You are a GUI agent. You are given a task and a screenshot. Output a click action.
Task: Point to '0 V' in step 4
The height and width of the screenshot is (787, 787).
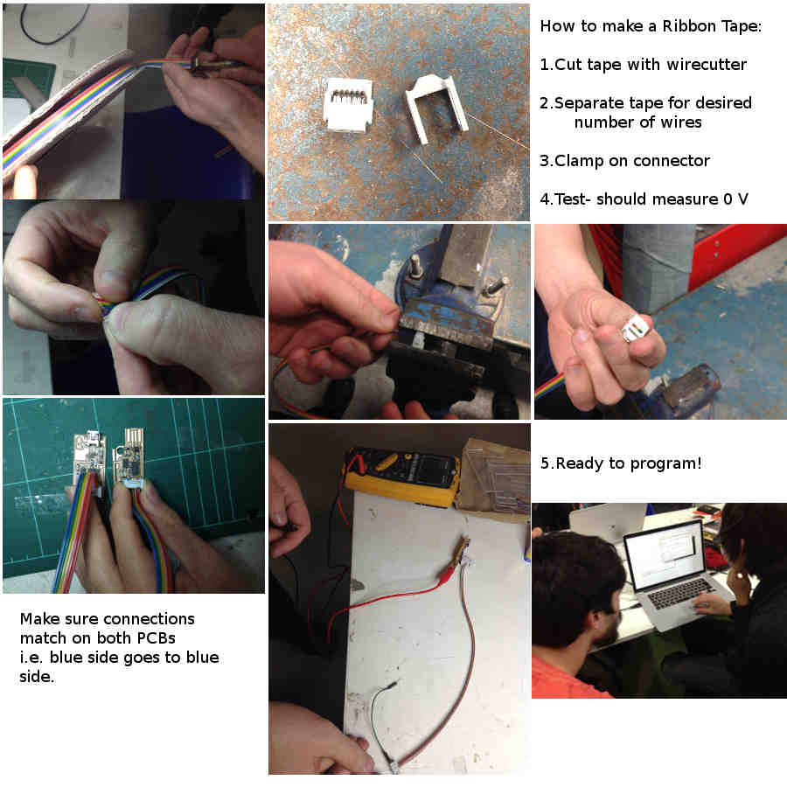(x=735, y=198)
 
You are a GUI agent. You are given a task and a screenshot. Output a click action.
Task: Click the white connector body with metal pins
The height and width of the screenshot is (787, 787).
(x=347, y=105)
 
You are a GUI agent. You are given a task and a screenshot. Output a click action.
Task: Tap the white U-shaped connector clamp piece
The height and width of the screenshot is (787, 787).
(x=435, y=107)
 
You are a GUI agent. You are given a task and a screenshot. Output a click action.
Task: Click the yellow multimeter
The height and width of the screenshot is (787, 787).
(x=401, y=476)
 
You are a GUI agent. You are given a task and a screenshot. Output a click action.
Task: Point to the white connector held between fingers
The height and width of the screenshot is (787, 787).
(x=635, y=330)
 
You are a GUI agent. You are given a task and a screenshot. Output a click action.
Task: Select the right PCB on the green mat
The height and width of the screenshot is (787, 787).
(x=129, y=457)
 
